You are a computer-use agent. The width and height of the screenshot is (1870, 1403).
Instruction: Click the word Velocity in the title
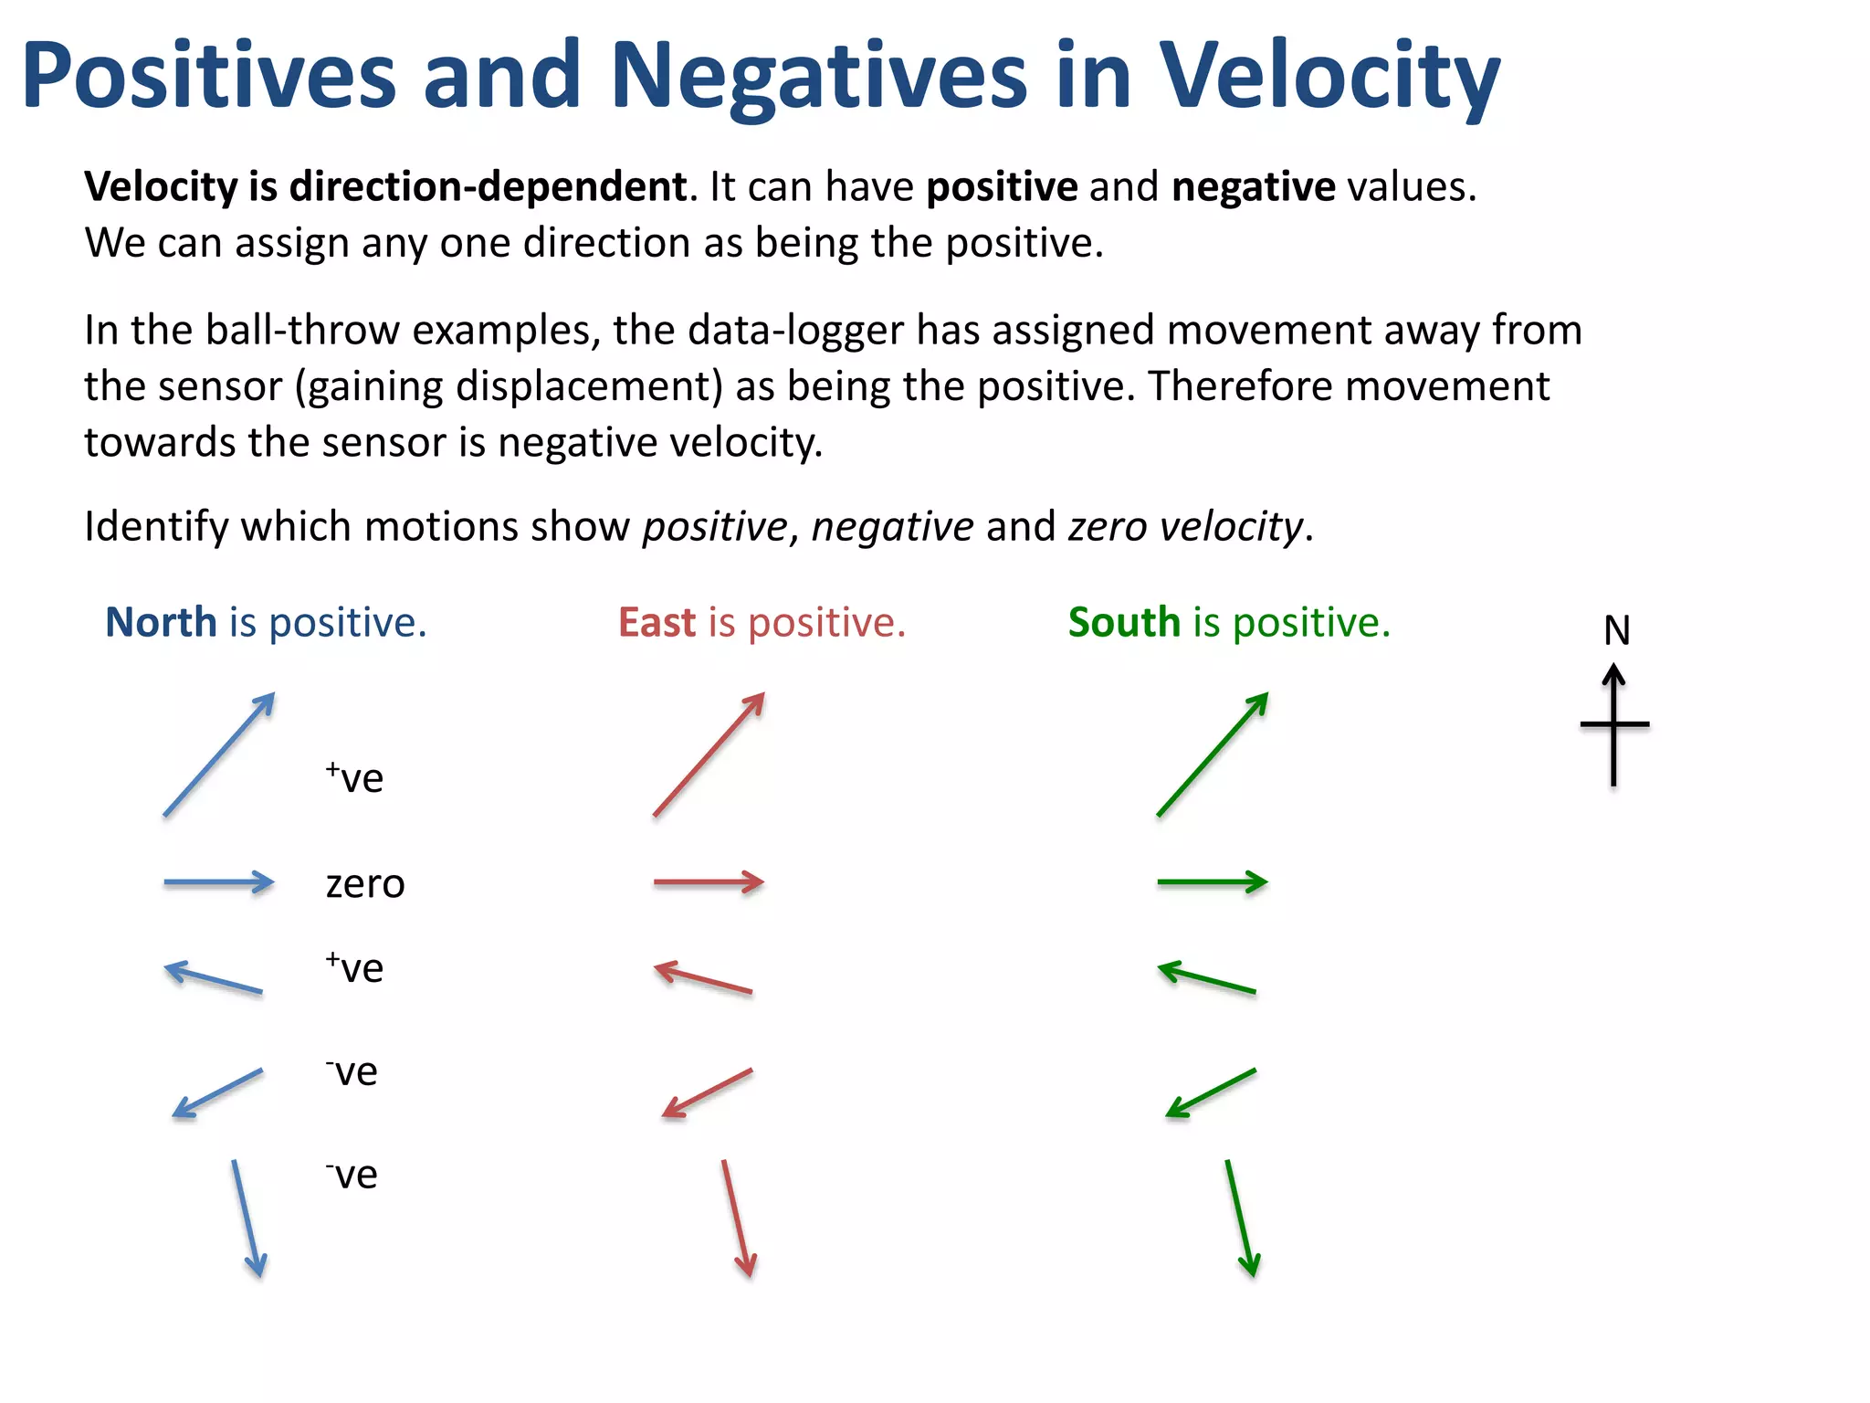coord(1329,77)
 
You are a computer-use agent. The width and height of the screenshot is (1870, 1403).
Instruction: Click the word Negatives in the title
coord(819,77)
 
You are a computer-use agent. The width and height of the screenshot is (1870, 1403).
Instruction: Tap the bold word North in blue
coord(161,623)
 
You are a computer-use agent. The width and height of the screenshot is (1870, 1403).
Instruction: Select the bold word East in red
coord(657,623)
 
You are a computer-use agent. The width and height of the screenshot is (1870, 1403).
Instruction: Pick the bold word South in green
coord(1124,623)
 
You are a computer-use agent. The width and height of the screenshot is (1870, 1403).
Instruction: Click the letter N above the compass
coord(1616,631)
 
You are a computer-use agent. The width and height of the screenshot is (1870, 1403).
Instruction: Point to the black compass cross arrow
coord(1614,726)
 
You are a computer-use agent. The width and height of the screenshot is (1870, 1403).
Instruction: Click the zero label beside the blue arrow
coord(365,884)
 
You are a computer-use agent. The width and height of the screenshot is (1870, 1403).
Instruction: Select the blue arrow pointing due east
coord(219,882)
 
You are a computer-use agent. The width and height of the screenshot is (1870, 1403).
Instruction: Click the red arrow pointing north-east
coord(709,754)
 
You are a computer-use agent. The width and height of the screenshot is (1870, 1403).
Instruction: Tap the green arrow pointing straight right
coord(1212,882)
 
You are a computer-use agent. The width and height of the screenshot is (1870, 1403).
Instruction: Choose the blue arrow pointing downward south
coord(248,1218)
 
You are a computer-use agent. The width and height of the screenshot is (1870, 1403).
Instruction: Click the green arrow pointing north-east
coord(1213,754)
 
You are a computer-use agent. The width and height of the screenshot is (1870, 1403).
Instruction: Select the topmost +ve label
coord(354,778)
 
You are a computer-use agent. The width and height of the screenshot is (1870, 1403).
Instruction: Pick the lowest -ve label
coord(352,1176)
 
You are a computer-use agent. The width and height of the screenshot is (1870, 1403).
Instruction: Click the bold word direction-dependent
coord(488,187)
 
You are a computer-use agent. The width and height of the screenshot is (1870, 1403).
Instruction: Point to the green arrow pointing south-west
coord(1211,1093)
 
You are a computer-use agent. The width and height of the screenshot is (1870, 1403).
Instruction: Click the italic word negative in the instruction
coord(892,527)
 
